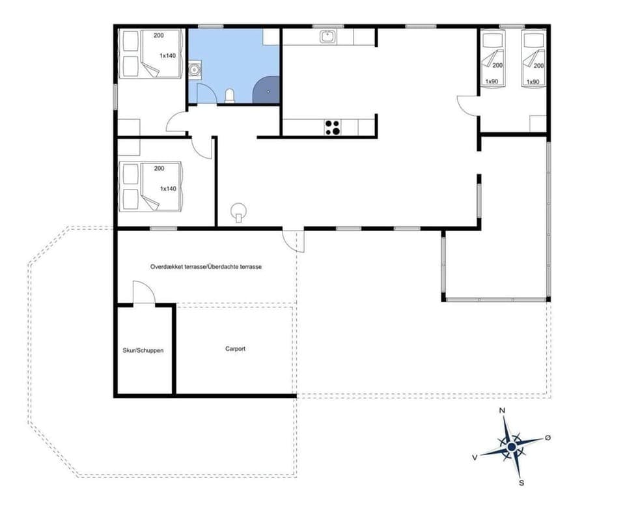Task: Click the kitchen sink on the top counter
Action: tap(327, 37)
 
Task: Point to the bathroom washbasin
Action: tap(194, 68)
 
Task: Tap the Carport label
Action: tap(235, 349)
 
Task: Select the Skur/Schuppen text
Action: tap(143, 351)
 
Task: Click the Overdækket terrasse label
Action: tap(206, 267)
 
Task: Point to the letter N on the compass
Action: tap(502, 411)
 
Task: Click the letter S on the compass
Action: tap(521, 483)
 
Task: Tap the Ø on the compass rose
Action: tap(548, 438)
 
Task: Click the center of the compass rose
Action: tap(512, 447)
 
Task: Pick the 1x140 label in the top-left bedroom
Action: tap(167, 56)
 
